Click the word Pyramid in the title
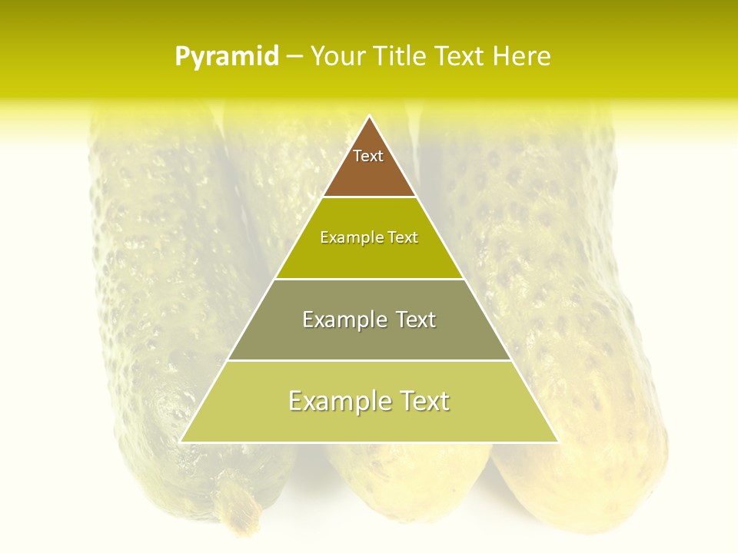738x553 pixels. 226,57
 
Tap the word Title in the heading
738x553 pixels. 402,57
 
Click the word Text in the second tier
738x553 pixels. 403,237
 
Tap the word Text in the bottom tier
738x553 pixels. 422,401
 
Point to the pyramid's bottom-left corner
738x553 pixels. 181,442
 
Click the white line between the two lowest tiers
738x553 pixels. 369,360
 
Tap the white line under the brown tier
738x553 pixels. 369,197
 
